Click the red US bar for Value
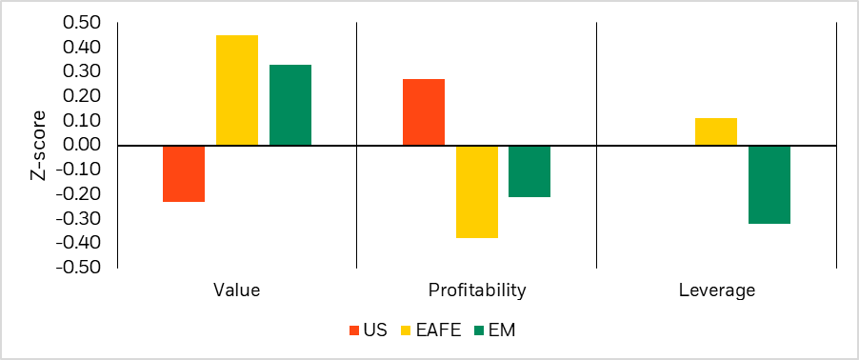click(184, 173)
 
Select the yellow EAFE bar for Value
click(237, 90)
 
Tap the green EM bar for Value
click(290, 105)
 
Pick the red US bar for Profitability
click(424, 112)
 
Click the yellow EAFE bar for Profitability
click(477, 191)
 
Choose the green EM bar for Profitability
click(529, 171)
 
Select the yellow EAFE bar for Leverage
click(716, 131)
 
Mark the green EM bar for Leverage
click(769, 185)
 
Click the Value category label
click(237, 290)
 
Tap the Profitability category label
click(477, 290)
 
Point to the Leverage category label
click(716, 290)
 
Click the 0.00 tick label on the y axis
click(82, 145)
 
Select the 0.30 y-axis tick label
click(82, 71)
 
